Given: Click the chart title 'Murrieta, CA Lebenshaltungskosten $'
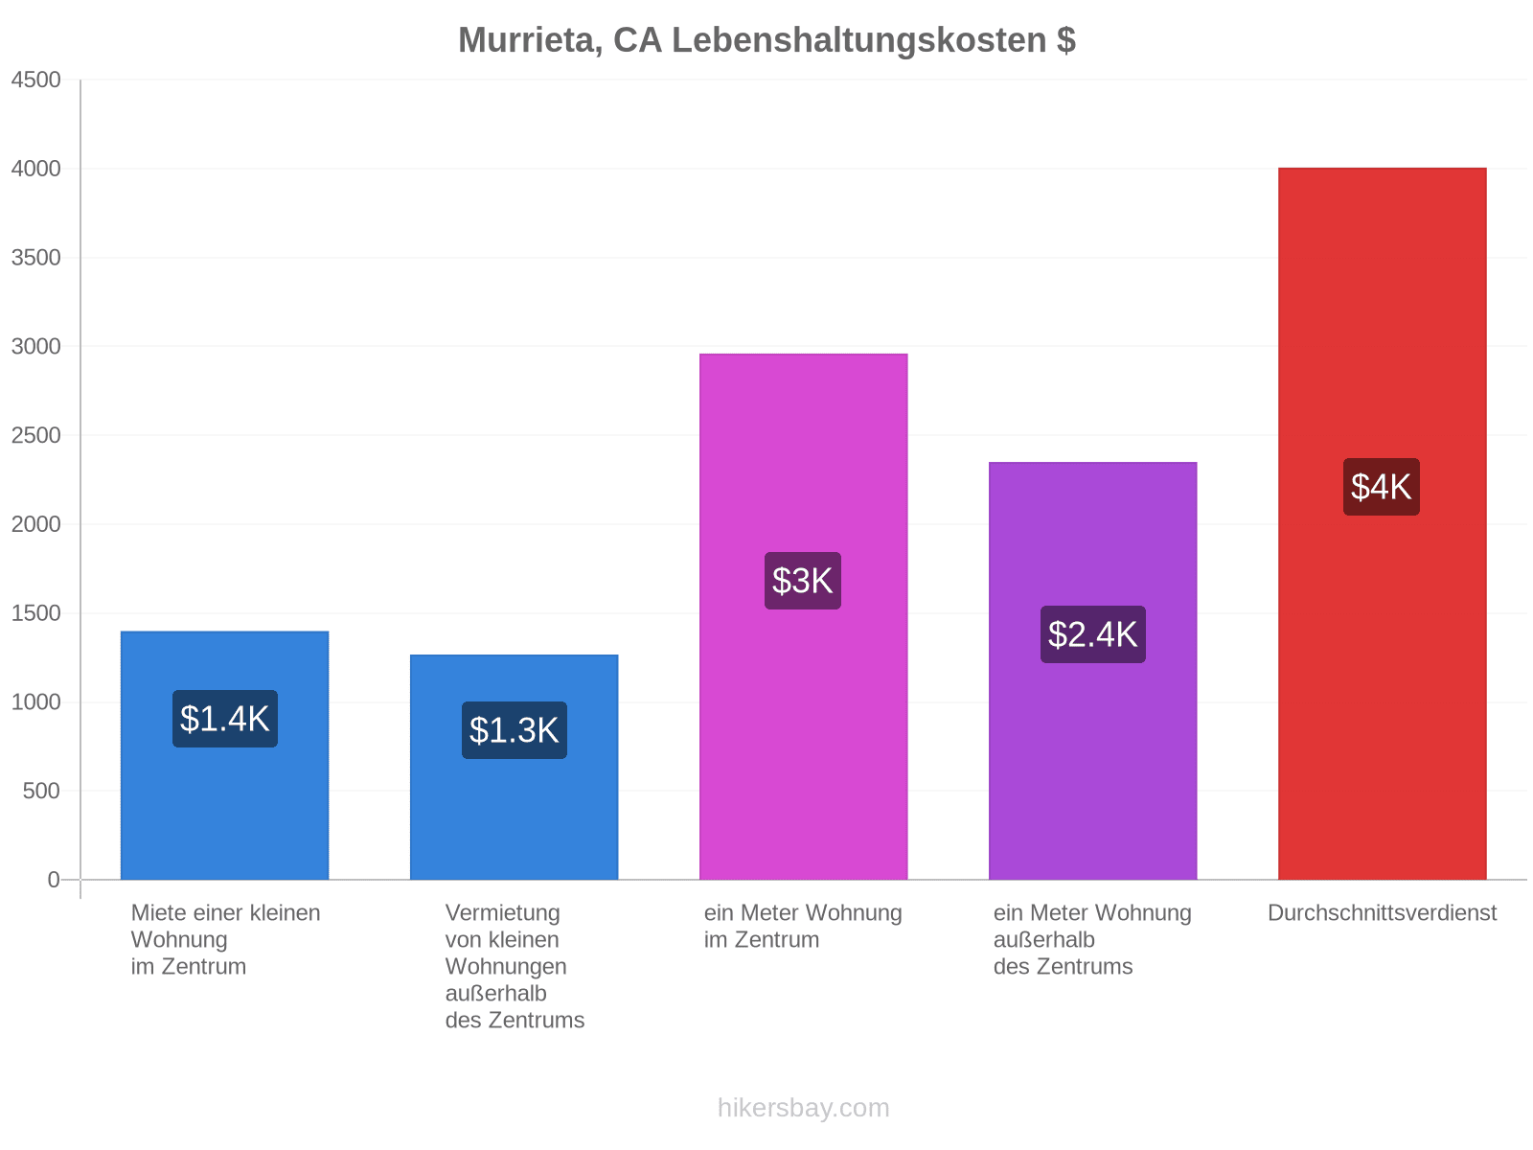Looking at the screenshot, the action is (766, 40).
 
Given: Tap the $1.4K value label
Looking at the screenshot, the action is (225, 719).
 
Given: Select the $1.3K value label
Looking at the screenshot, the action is (514, 729).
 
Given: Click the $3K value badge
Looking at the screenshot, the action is (803, 580).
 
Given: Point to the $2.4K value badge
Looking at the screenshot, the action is (1093, 634).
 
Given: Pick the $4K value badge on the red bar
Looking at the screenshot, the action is (1382, 487).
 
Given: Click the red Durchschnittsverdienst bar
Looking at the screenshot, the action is (1383, 523).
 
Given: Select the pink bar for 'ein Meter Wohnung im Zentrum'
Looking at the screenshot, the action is (803, 616).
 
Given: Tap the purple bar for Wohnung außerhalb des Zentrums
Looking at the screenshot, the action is (1093, 671).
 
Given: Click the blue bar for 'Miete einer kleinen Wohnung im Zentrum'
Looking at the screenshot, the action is (225, 755).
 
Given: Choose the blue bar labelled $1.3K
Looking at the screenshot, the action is (514, 768).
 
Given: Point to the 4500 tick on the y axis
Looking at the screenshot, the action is (35, 80).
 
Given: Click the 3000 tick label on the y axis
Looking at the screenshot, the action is (35, 346).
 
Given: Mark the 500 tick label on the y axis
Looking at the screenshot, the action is (41, 792).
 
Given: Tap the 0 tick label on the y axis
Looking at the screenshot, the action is (54, 880).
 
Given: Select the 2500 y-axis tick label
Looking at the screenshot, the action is (35, 435).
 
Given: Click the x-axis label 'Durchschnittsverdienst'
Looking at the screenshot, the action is (1383, 912).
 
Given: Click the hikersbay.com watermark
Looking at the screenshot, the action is (803, 1108).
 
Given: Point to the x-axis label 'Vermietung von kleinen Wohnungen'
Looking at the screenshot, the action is (506, 940).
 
